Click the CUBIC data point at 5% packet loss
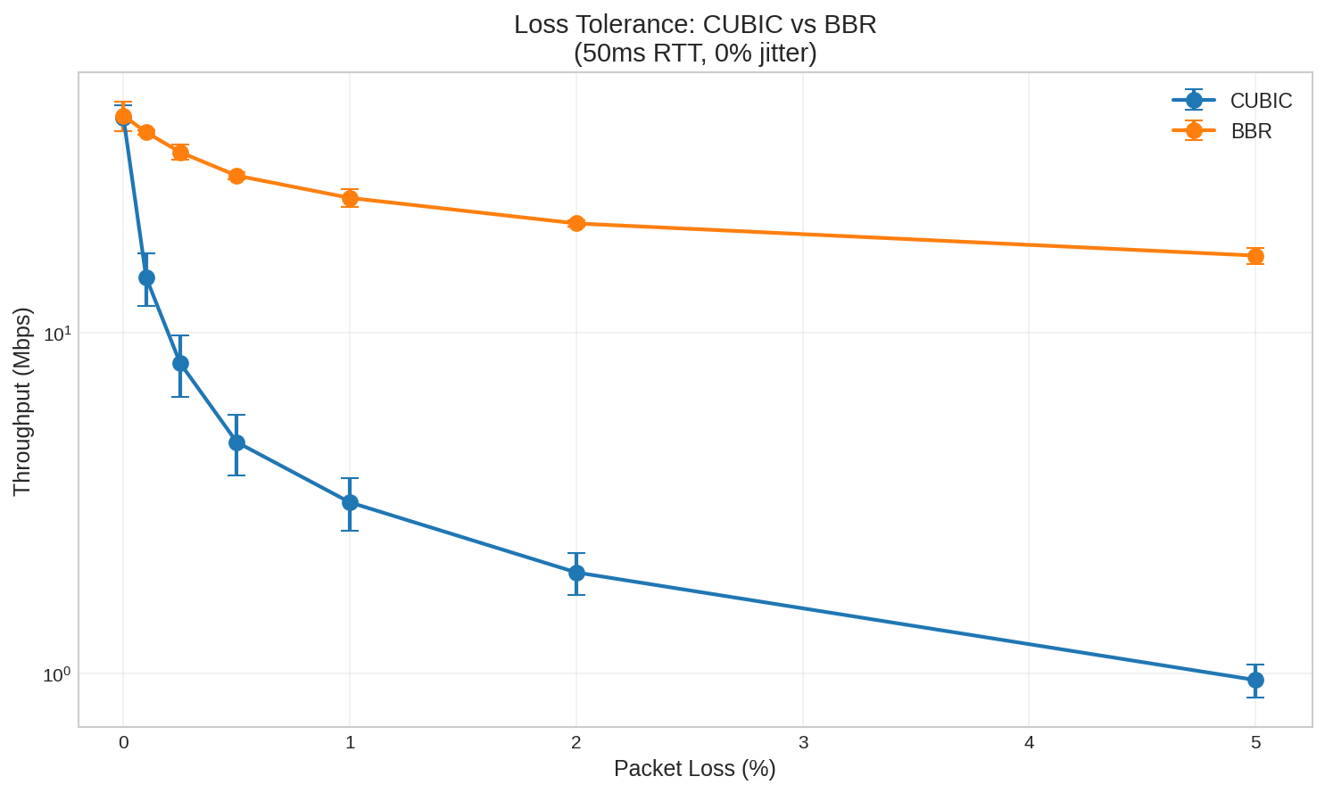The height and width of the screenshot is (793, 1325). pos(1255,680)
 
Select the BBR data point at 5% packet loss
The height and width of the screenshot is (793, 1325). pos(1255,256)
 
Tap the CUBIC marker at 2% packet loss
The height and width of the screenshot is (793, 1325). pos(576,573)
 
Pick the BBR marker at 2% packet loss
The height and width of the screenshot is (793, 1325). pos(576,223)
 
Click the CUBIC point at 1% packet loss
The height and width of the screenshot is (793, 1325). pos(350,502)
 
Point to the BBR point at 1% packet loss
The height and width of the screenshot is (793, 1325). pos(350,198)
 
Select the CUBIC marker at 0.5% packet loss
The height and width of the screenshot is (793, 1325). pos(236,442)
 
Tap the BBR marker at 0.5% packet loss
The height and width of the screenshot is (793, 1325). pos(236,176)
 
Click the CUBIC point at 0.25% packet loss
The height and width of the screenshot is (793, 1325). pos(180,363)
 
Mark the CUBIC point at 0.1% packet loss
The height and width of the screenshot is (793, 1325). pos(146,277)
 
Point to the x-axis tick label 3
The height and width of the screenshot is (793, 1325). pos(803,742)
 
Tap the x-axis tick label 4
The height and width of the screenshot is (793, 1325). pos(1029,742)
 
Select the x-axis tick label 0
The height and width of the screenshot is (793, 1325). pos(123,742)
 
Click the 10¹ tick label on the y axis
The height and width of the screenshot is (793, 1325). pos(56,334)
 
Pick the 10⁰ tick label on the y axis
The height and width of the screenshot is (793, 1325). pos(56,674)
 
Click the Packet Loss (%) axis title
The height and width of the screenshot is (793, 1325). pos(694,768)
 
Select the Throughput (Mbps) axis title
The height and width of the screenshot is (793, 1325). pos(21,401)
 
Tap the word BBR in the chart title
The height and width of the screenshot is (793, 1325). pos(852,24)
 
